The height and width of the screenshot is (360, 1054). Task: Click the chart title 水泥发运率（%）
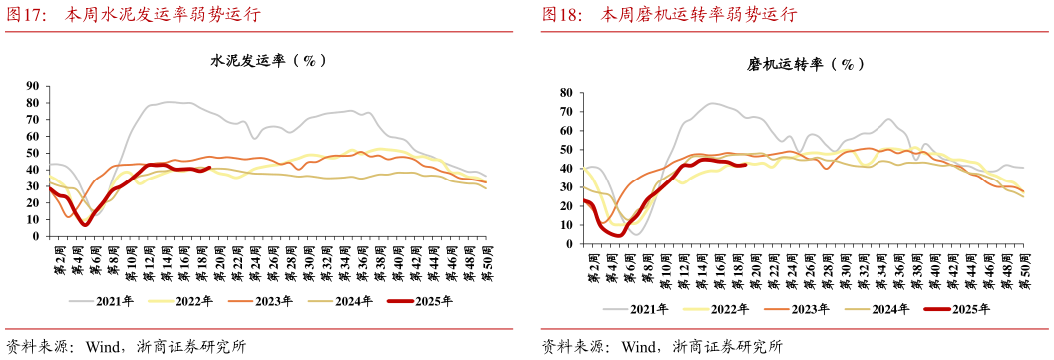pyautogui.click(x=268, y=61)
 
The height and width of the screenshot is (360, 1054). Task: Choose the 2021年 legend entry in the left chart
pyautogui.click(x=109, y=300)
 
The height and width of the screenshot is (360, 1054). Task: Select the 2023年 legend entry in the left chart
pyautogui.click(x=269, y=300)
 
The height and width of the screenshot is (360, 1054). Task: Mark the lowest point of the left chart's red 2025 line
pyautogui.click(x=85, y=224)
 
